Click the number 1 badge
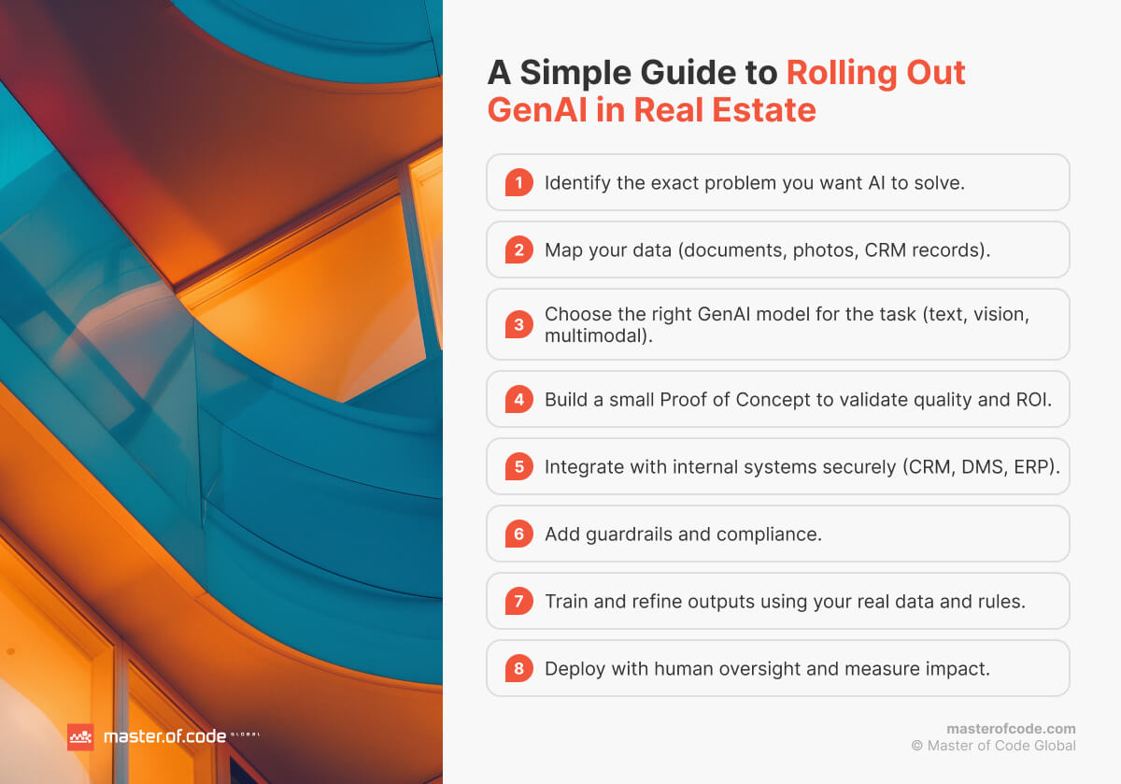tap(518, 182)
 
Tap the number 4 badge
tap(518, 399)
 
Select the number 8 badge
tap(518, 668)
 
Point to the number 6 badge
tap(518, 534)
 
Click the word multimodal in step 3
tap(595, 335)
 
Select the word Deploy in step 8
tap(575, 668)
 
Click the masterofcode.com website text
tap(1011, 728)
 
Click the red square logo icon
tap(80, 736)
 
